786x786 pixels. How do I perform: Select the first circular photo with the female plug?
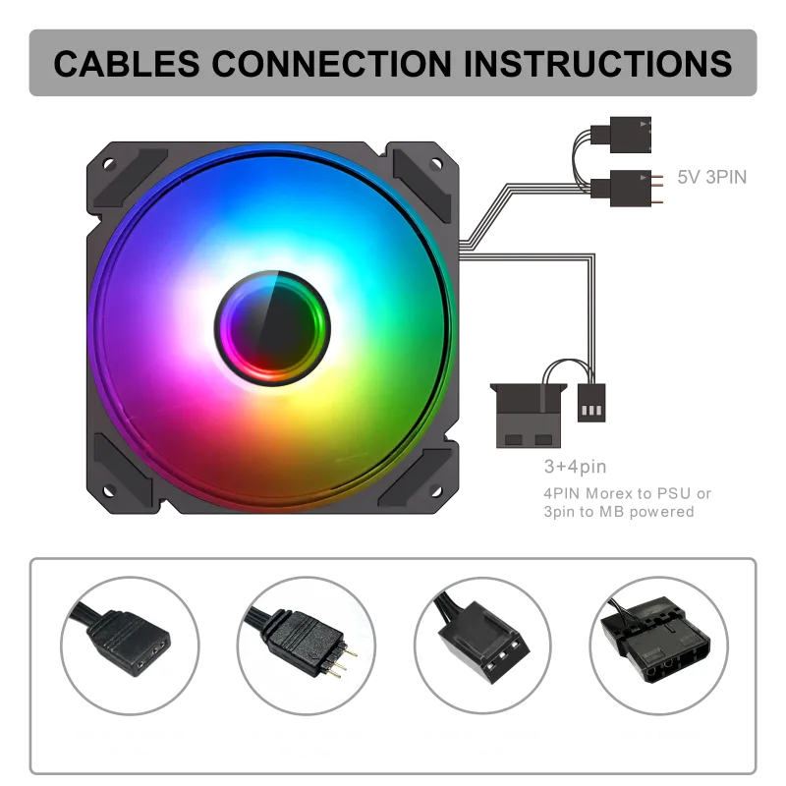130,641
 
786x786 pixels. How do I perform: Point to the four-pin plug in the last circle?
657,648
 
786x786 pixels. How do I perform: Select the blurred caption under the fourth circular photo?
657,734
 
